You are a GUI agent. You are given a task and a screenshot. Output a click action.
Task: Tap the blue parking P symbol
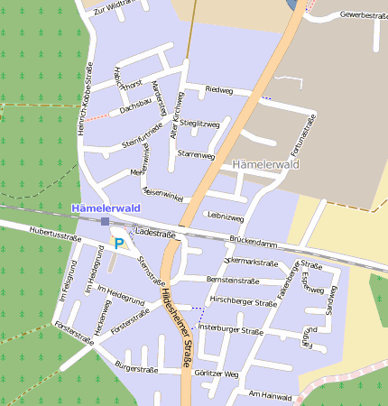[x=119, y=244]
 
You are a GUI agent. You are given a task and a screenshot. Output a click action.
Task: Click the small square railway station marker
[x=106, y=221]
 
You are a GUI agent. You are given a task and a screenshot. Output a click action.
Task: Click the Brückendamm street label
[x=254, y=241]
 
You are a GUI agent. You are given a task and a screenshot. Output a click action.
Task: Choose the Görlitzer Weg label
[x=217, y=374]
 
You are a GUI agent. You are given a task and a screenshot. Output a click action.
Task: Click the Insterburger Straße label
[x=231, y=330]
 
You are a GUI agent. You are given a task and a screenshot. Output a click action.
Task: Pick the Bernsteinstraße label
[x=233, y=281]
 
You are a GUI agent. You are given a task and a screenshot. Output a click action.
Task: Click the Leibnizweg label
[x=226, y=217]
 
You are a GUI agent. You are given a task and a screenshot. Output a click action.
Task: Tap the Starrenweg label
[x=197, y=155]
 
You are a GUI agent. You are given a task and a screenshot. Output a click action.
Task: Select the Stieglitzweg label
[x=199, y=123]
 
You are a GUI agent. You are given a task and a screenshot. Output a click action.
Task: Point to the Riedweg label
[x=219, y=91]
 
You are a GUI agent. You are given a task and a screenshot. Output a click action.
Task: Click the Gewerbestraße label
[x=364, y=16]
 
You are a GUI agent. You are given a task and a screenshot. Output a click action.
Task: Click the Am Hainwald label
[x=271, y=395]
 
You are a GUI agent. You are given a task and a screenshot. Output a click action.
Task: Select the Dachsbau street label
[x=134, y=107]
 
